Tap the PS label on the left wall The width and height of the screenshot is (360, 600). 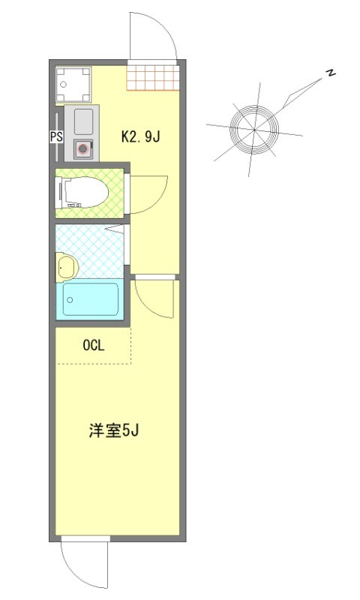tap(55, 137)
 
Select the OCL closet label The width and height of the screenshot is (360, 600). tap(94, 346)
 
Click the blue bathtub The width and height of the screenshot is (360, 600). tap(91, 301)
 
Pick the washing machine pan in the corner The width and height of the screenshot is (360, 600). tap(73, 84)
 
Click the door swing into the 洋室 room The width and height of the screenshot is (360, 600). tap(153, 297)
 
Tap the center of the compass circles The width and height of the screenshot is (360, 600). tap(253, 130)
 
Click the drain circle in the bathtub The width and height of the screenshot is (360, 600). tap(70, 300)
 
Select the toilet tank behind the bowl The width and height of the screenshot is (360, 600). tap(63, 193)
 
